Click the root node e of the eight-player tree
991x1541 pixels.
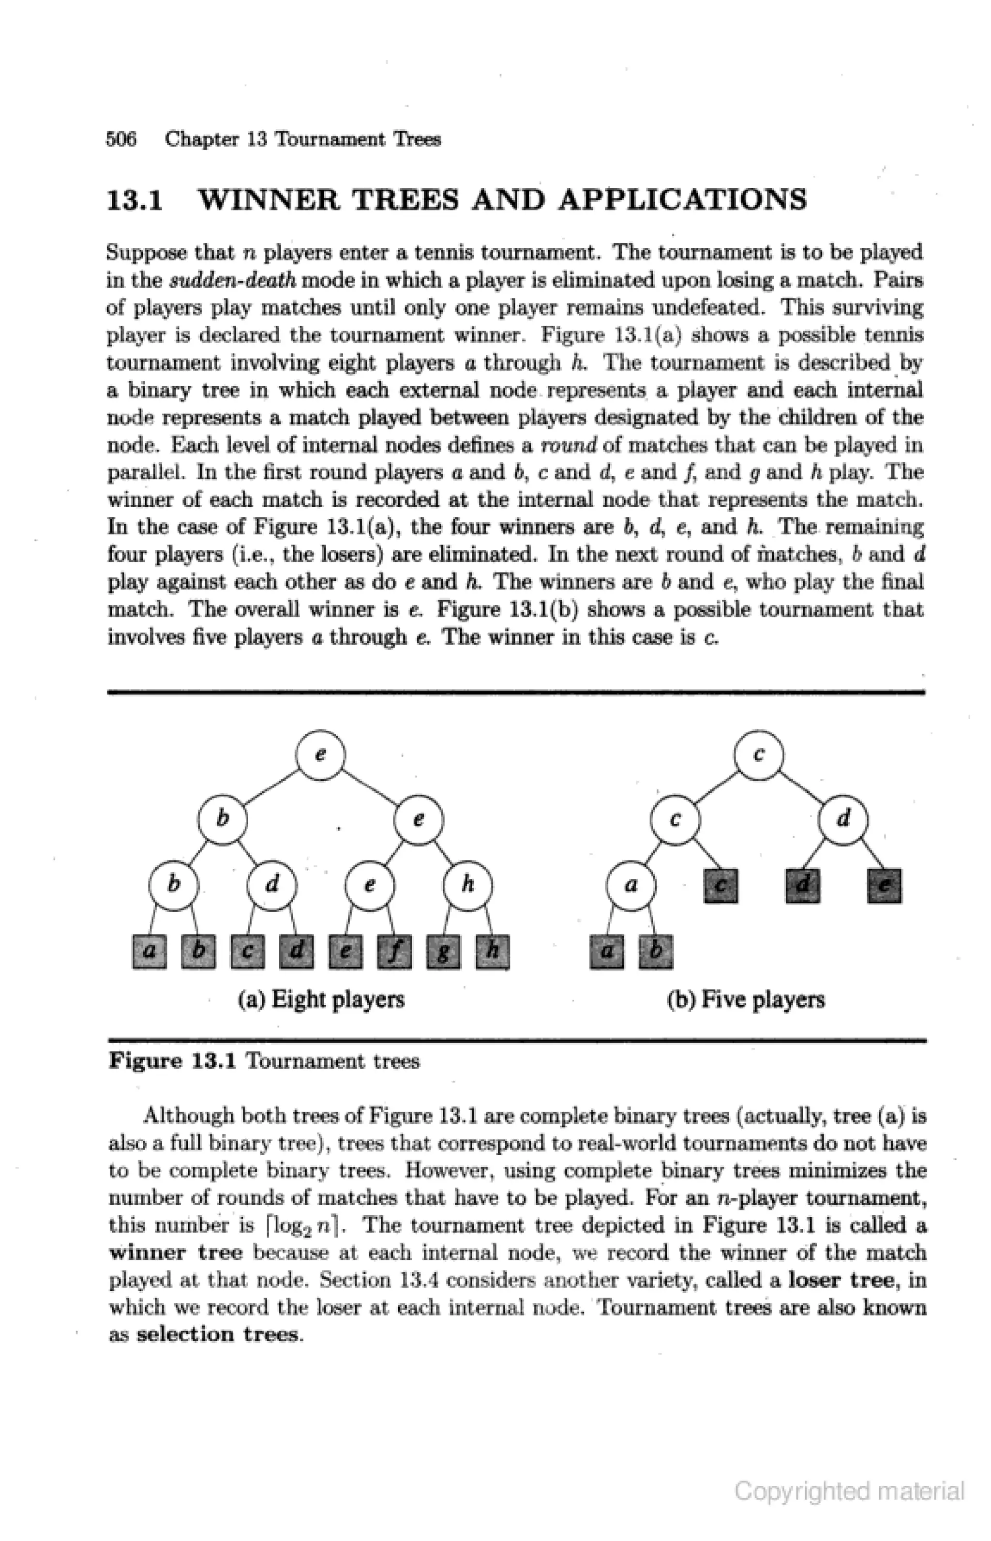coord(320,755)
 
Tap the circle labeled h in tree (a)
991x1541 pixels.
coord(468,885)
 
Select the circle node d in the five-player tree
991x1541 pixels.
coord(843,819)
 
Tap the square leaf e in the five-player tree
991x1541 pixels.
coord(884,886)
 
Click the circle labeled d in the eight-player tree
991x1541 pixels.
coord(272,885)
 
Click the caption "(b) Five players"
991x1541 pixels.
coord(745,999)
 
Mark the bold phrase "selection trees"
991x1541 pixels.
coord(218,1334)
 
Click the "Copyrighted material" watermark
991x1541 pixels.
coord(849,1491)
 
